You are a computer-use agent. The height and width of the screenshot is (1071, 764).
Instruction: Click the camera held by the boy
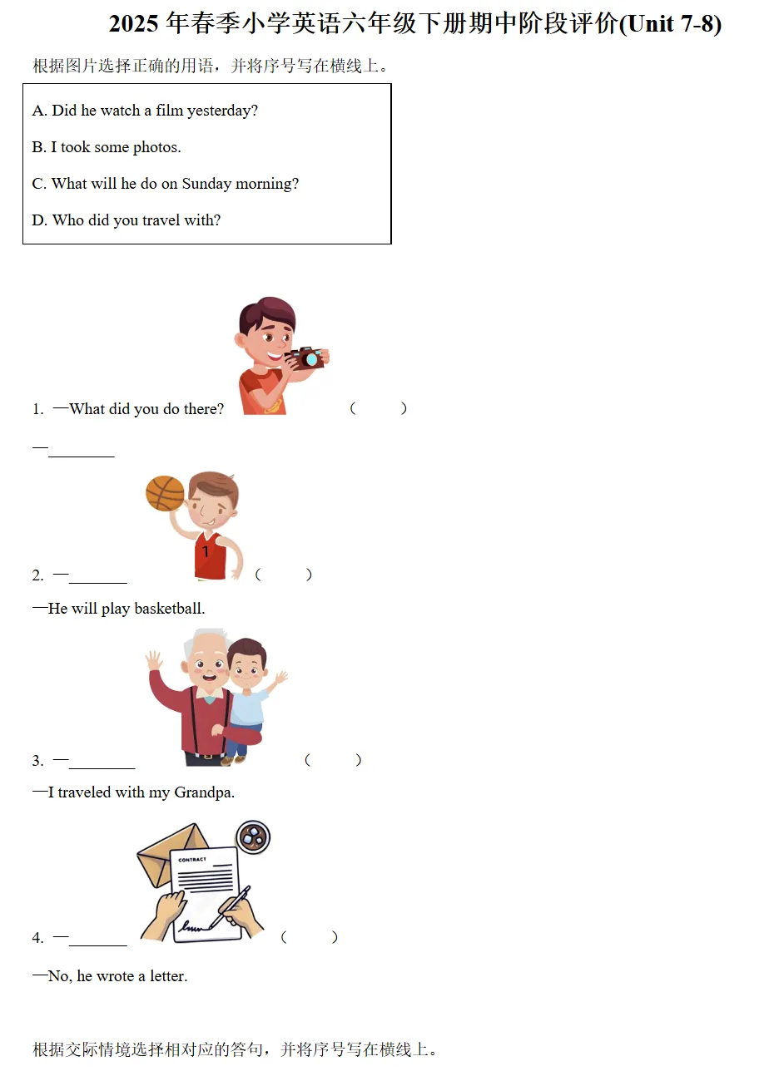[x=305, y=358]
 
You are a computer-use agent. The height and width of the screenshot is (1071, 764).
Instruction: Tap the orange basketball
[x=165, y=493]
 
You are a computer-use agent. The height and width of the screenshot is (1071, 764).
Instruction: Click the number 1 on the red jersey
[x=206, y=551]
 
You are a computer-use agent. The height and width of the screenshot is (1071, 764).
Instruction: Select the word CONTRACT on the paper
[x=192, y=859]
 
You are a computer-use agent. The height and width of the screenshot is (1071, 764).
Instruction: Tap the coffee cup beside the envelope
[x=253, y=837]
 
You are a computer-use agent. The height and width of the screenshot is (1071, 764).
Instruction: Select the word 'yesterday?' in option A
[x=222, y=111]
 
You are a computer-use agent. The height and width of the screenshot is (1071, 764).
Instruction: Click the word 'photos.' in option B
[x=157, y=147]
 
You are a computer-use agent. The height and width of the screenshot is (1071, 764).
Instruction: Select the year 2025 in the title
[x=133, y=24]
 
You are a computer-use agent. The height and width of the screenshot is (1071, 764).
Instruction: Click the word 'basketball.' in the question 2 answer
[x=170, y=608]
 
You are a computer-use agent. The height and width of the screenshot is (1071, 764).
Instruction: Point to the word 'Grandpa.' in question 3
[x=204, y=792]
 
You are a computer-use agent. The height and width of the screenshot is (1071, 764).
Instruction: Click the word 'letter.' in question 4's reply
[x=169, y=976]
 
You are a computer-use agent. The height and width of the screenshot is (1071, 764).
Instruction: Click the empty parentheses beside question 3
[x=333, y=760]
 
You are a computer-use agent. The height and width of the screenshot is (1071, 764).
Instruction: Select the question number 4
[x=37, y=938]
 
